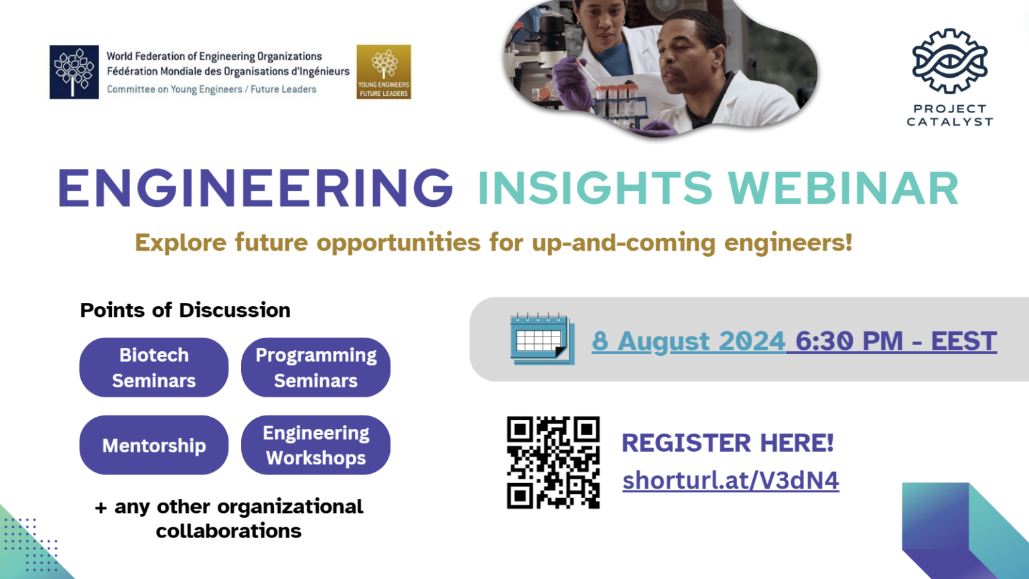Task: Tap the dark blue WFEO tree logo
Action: coord(74,72)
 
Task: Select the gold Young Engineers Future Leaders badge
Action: coord(384,72)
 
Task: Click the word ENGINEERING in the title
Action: coord(255,188)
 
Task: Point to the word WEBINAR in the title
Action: coord(843,188)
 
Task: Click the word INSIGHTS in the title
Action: coord(595,188)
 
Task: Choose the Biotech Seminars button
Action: coord(154,367)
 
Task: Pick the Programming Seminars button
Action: coord(316,367)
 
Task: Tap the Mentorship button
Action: coord(154,445)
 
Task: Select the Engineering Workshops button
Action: coord(316,445)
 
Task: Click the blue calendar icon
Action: coord(542,339)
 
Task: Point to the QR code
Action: coord(553,462)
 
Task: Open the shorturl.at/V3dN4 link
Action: coord(731,480)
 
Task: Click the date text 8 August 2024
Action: coord(688,341)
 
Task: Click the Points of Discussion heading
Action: coord(185,310)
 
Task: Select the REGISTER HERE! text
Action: coord(728,442)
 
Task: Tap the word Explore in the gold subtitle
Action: coord(180,243)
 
